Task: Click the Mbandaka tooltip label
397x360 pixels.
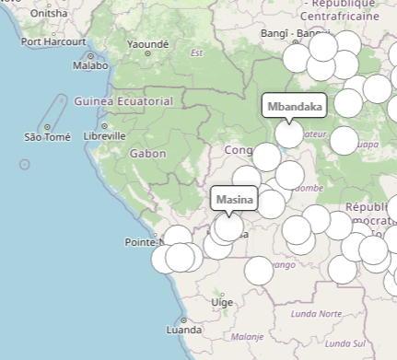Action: pos(295,107)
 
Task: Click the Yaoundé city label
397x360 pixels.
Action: pos(147,44)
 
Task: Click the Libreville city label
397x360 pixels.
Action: pos(104,135)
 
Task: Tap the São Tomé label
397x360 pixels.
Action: pos(48,137)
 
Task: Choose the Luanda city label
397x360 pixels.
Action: pos(183,329)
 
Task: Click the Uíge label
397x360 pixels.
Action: pos(222,302)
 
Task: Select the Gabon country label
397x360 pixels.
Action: pos(147,154)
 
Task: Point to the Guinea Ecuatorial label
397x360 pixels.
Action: pos(123,100)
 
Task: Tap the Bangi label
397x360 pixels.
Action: pos(274,34)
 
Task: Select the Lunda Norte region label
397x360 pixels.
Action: pos(315,314)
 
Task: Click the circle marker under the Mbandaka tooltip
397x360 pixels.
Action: pos(289,134)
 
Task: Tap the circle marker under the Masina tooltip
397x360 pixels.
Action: pos(228,226)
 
